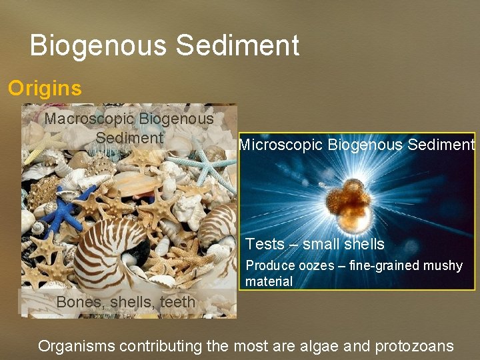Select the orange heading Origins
point(45,88)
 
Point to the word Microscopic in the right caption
point(281,145)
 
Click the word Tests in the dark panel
point(265,245)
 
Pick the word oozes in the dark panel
point(317,266)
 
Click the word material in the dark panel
point(269,281)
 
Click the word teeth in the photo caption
point(176,302)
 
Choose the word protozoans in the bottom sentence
point(414,346)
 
